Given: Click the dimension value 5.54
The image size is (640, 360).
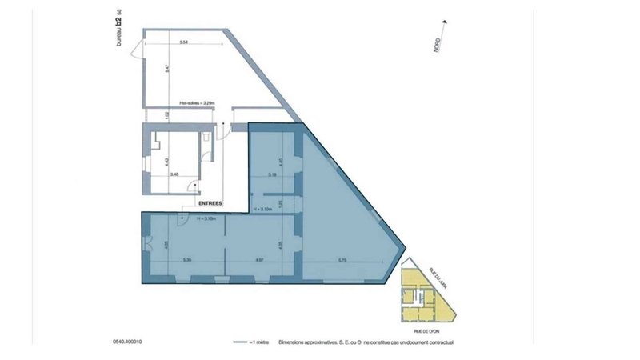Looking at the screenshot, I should (183, 41).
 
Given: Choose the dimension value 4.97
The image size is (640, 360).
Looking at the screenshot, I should (249, 261).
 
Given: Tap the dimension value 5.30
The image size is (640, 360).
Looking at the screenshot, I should (186, 261).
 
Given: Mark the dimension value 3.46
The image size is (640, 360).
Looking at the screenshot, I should (175, 173).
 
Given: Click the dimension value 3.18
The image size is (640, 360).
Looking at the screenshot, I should (272, 174).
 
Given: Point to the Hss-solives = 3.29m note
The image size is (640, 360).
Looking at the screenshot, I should (197, 103).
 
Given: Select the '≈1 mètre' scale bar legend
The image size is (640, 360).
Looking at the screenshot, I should (248, 342).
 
